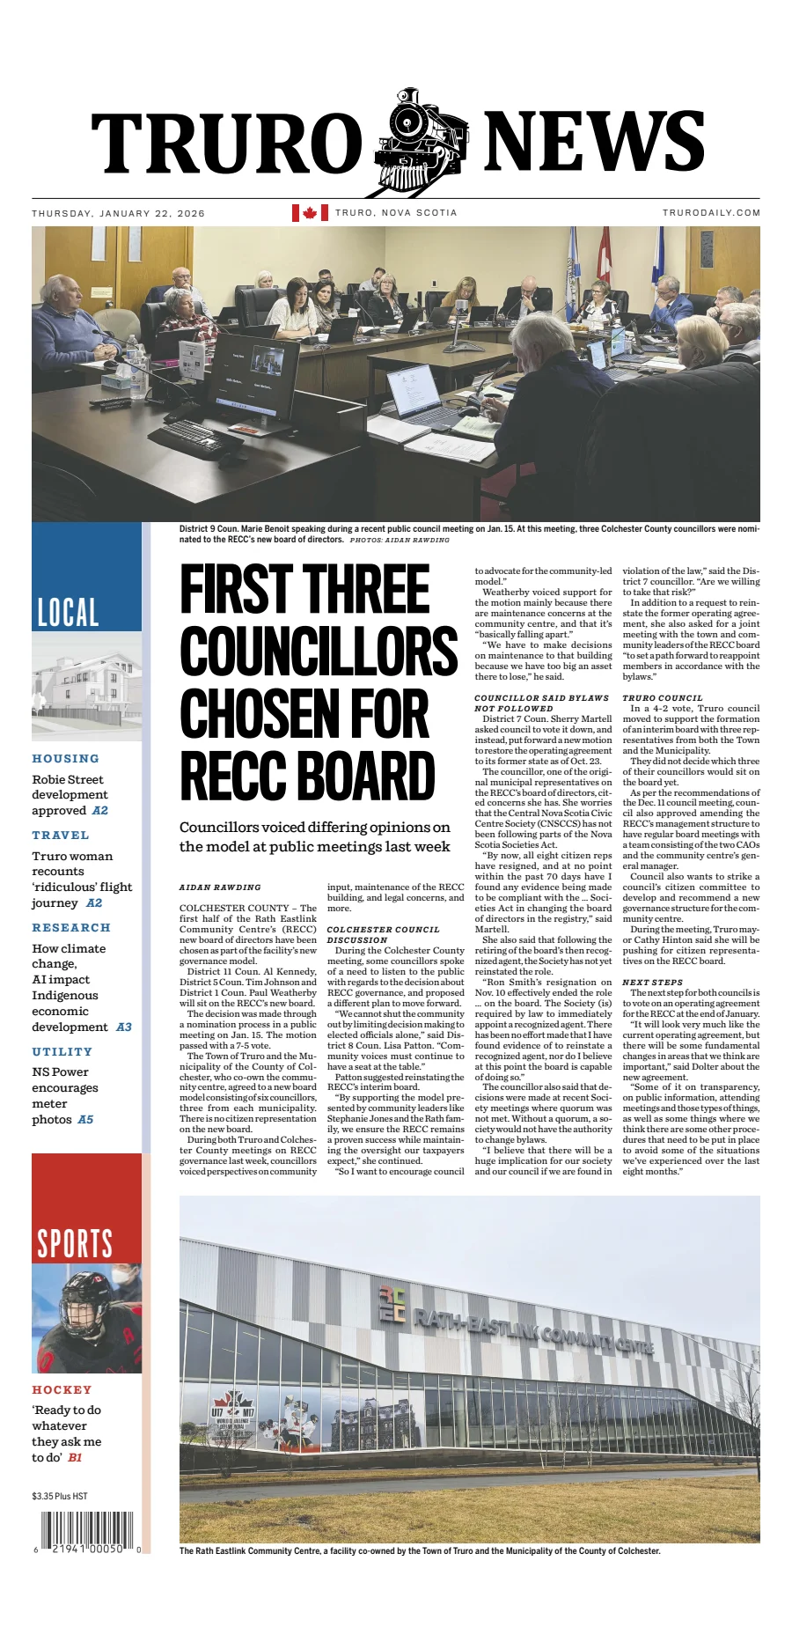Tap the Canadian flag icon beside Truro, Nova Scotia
pos(310,212)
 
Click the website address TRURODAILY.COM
pos(711,213)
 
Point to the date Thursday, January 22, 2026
pos(118,213)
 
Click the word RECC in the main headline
pos(237,776)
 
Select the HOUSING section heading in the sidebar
pos(66,758)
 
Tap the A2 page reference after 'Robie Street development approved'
pos(100,811)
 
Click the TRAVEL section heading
pos(61,835)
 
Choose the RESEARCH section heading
pos(71,927)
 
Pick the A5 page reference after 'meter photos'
pos(85,1120)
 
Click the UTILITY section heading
pos(62,1051)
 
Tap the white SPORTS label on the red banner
pos(75,1243)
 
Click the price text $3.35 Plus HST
pos(60,1496)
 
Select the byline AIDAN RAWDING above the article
pos(220,887)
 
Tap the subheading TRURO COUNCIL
pos(663,697)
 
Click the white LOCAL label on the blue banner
pos(68,612)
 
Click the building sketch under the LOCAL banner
pos(86,685)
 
